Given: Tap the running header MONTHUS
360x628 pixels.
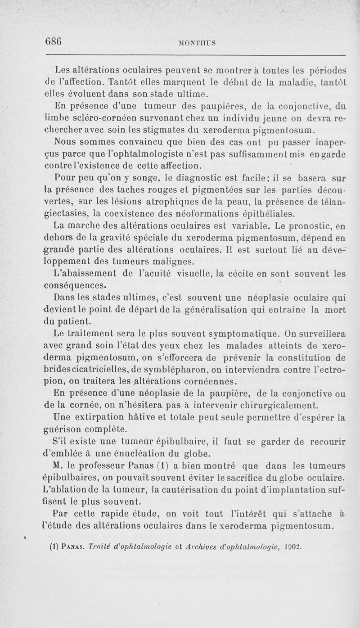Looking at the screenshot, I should tap(197, 43).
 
